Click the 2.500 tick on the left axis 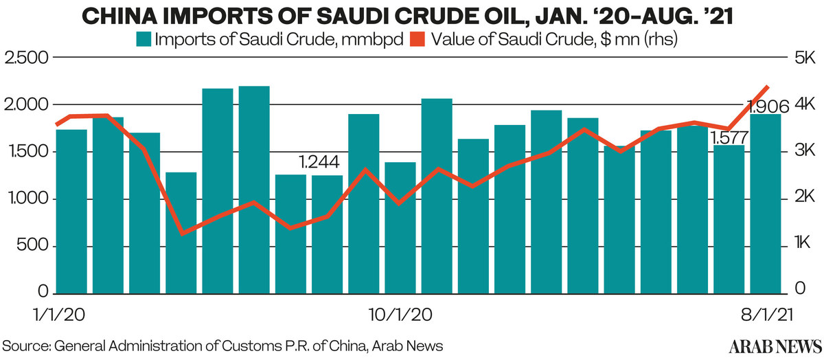point(27,58)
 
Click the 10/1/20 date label point(400,315)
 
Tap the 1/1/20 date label point(59,315)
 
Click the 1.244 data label point(323,163)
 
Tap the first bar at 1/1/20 point(71,210)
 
